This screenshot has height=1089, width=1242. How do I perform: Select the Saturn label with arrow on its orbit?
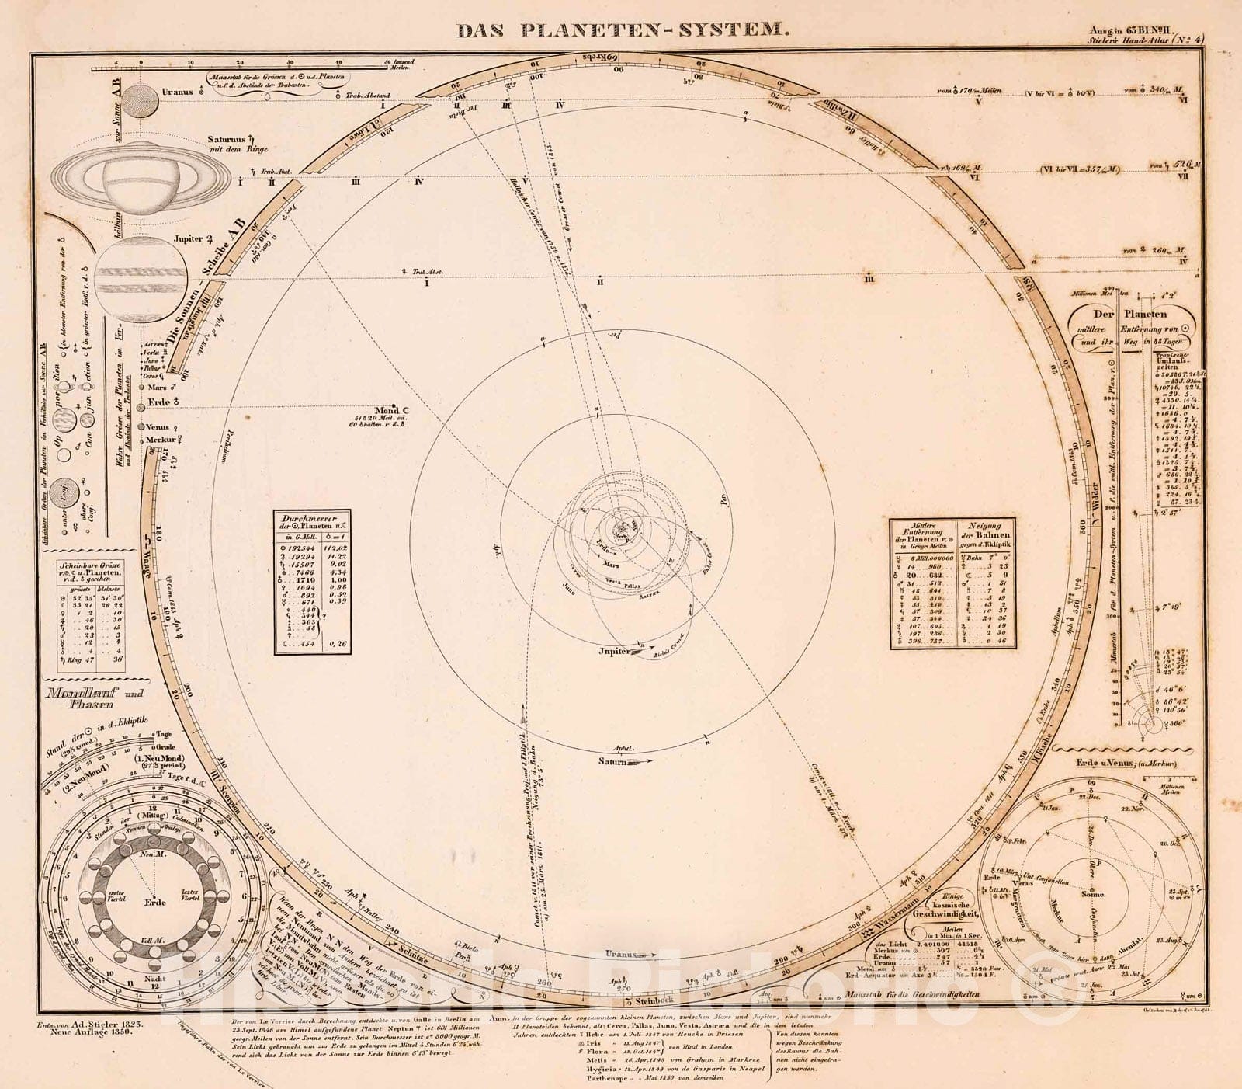coord(618,762)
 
